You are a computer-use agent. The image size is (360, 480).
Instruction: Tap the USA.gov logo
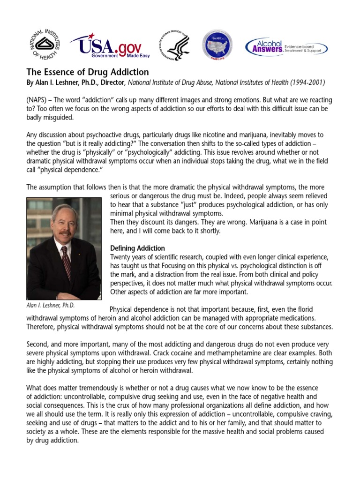click(108, 45)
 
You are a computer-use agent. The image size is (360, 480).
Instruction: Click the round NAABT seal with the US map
click(217, 45)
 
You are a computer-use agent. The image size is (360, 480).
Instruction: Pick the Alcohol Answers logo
click(286, 46)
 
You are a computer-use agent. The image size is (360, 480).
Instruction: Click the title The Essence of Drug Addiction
click(88, 72)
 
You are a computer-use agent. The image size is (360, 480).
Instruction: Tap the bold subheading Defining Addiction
click(137, 248)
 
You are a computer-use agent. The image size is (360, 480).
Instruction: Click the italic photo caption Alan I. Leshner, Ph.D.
click(51, 306)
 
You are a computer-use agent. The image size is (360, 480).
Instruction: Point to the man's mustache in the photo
click(65, 233)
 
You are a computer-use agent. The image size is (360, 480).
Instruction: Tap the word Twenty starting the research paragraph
click(120, 256)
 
